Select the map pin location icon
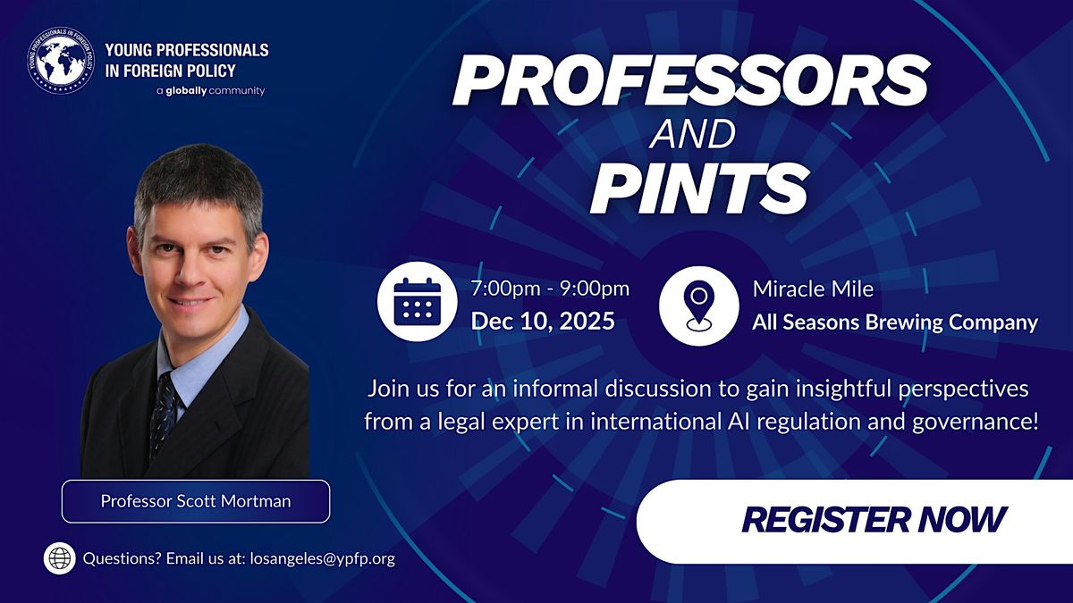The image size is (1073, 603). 698,304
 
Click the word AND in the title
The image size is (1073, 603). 694,135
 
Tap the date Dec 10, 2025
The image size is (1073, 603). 543,321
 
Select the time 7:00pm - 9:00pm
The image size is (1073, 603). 550,289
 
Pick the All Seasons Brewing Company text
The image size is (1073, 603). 895,322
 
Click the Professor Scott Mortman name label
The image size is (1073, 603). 195,501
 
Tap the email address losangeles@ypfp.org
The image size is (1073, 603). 323,559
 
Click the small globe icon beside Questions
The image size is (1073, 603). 60,559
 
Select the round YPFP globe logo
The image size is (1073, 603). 60,61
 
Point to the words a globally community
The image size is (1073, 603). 210,91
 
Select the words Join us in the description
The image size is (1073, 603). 401,389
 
